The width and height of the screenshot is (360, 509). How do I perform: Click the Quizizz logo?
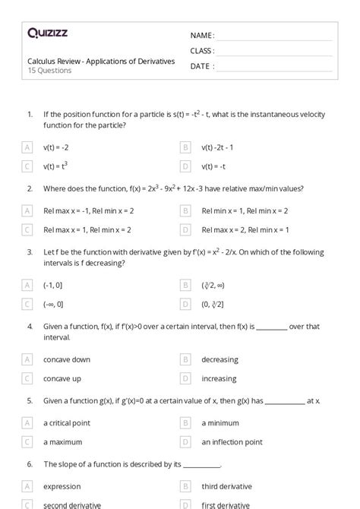tap(47, 33)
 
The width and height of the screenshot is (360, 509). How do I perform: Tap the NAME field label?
tap(202, 36)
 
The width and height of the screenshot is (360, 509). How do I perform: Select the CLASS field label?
tap(203, 51)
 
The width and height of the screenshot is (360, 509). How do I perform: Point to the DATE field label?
tap(202, 66)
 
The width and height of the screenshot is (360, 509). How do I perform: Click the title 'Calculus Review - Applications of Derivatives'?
tap(101, 61)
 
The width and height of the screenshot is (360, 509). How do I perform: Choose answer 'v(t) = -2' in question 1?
tap(56, 147)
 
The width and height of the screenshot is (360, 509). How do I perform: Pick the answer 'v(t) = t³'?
tap(55, 166)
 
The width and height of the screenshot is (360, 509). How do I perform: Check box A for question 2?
tap(28, 210)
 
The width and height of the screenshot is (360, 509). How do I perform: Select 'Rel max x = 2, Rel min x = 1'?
tap(245, 229)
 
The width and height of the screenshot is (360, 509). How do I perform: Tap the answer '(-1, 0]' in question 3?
tap(53, 285)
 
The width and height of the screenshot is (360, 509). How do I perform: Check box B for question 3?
tap(185, 285)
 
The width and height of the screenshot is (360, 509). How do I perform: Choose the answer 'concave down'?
tap(67, 359)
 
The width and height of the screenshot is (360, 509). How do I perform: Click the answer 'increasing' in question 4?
tap(219, 378)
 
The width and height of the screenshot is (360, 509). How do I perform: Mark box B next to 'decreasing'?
tap(185, 359)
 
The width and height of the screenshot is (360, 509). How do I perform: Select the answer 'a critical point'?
tap(68, 422)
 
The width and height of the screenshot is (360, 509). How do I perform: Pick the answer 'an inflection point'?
tap(232, 441)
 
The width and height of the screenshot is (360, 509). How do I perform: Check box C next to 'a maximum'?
tap(28, 441)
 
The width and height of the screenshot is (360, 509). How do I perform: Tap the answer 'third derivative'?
tap(226, 486)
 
